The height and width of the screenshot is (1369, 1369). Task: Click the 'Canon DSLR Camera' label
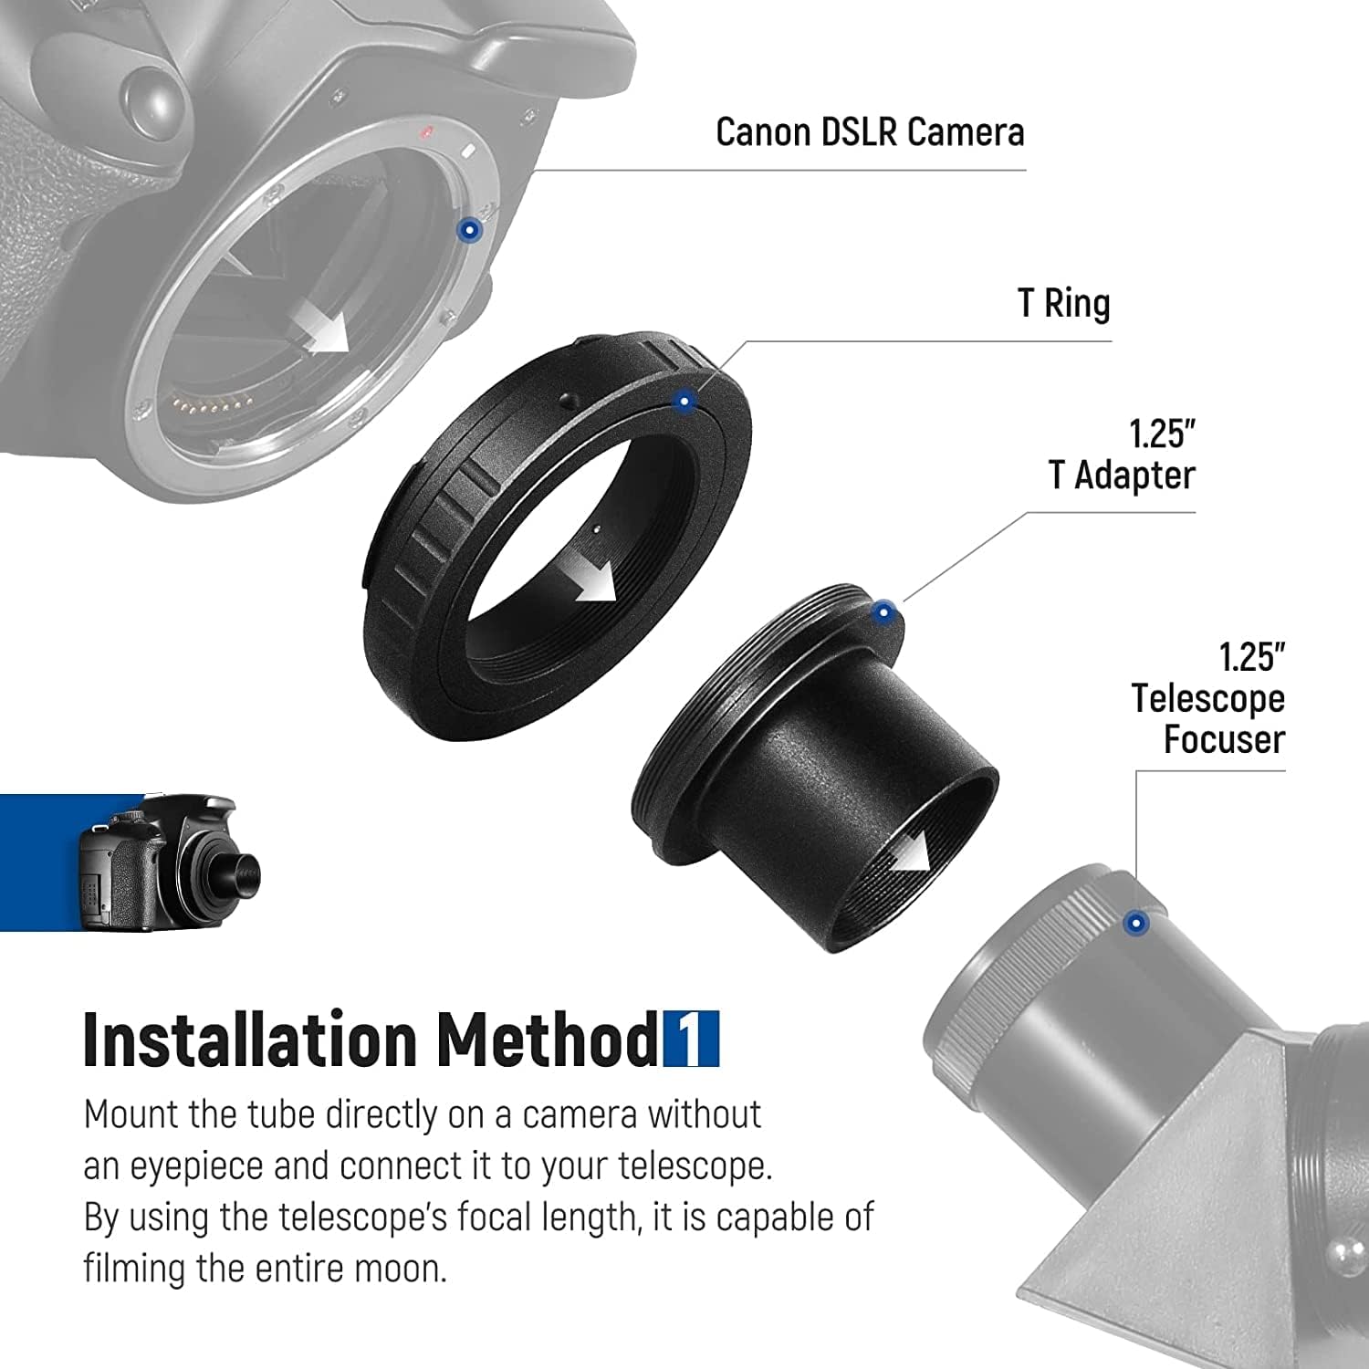[870, 132]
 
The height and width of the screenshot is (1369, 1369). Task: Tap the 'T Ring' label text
[1064, 303]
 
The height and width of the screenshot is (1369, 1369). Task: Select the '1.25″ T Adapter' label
[1122, 455]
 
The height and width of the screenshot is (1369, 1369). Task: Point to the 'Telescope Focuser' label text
[1208, 718]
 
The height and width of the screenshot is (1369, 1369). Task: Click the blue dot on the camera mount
[469, 231]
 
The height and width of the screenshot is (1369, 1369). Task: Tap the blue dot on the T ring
[684, 401]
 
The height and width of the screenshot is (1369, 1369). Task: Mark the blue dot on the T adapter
[883, 613]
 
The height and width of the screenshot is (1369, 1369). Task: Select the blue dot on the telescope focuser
[1135, 924]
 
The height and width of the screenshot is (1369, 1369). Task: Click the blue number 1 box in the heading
[691, 1039]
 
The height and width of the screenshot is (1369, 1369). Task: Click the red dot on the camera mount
[425, 133]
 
